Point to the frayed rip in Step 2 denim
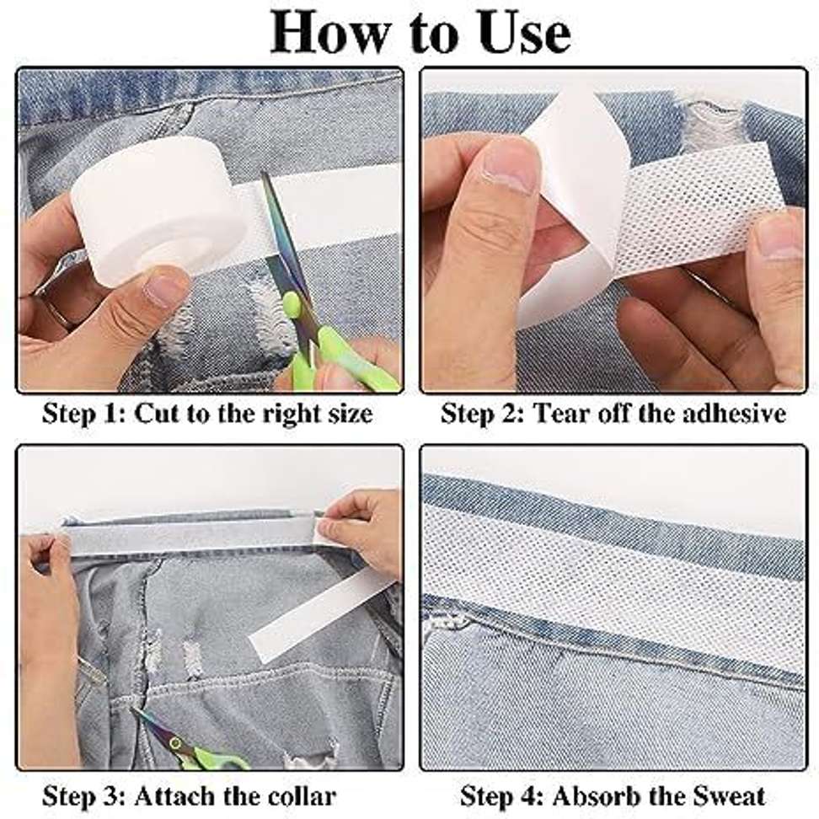pyautogui.click(x=712, y=126)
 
